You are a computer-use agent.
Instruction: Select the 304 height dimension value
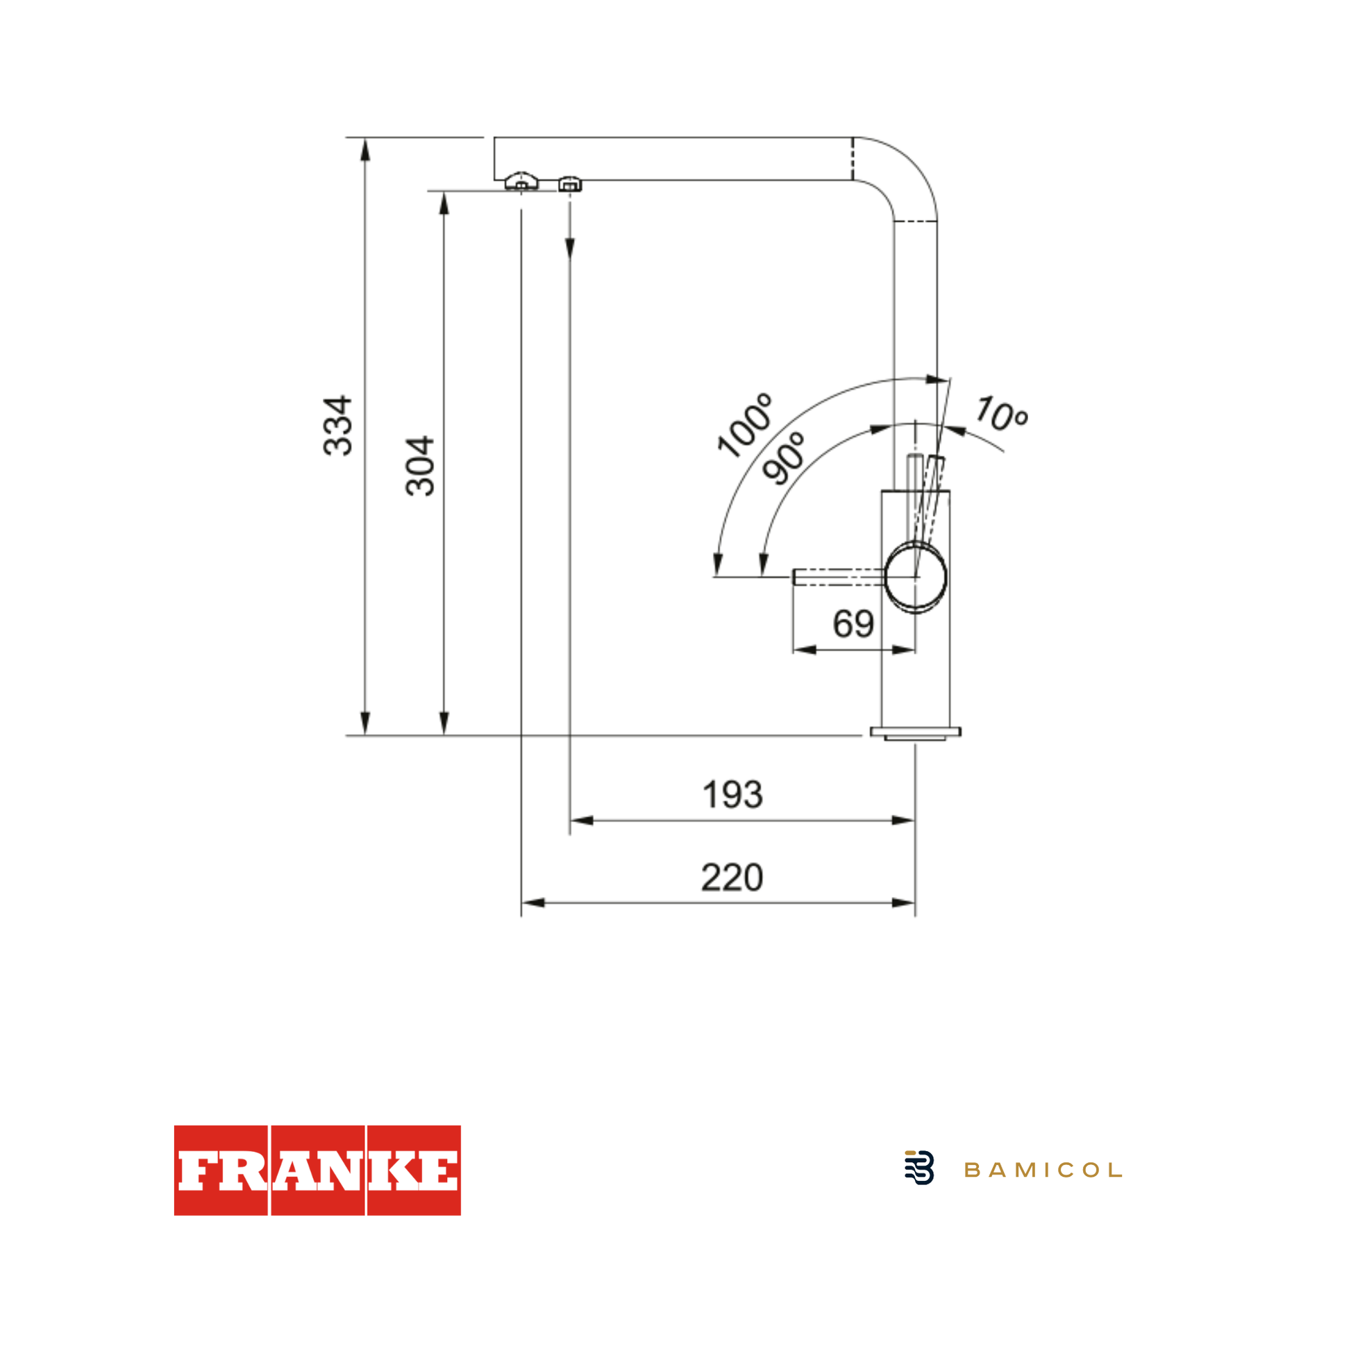coord(420,467)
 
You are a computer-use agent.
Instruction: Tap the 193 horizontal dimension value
coord(732,795)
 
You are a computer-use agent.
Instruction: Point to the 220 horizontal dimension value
coord(732,878)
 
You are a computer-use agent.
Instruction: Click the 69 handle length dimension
coord(853,623)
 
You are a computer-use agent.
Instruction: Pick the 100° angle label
coord(746,426)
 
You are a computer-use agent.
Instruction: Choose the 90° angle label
coord(784,458)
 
